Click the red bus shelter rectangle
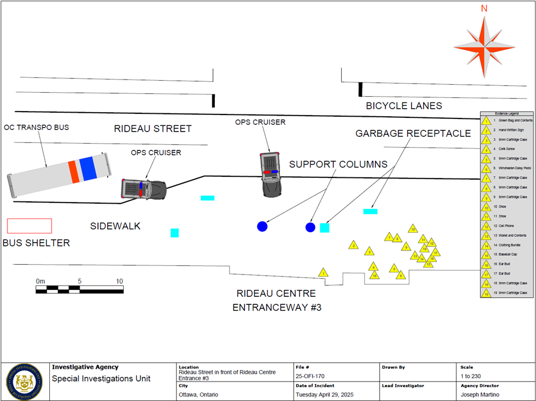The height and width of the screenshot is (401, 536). (29, 225)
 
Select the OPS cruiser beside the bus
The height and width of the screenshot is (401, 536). (144, 189)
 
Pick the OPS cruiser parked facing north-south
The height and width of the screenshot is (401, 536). (270, 174)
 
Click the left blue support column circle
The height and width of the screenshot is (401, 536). (262, 227)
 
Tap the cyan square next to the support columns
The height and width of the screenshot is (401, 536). (325, 228)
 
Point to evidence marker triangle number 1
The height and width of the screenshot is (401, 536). (324, 273)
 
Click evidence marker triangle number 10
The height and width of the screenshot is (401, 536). (412, 229)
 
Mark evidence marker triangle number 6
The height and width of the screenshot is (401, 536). (401, 275)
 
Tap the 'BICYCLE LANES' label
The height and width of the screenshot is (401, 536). (404, 106)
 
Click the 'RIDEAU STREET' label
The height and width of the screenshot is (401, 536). (152, 129)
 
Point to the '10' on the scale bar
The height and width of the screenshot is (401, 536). (119, 281)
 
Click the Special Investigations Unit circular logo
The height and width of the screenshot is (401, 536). (25, 382)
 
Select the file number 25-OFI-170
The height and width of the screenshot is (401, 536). (310, 375)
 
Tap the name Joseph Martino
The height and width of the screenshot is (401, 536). (480, 395)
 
